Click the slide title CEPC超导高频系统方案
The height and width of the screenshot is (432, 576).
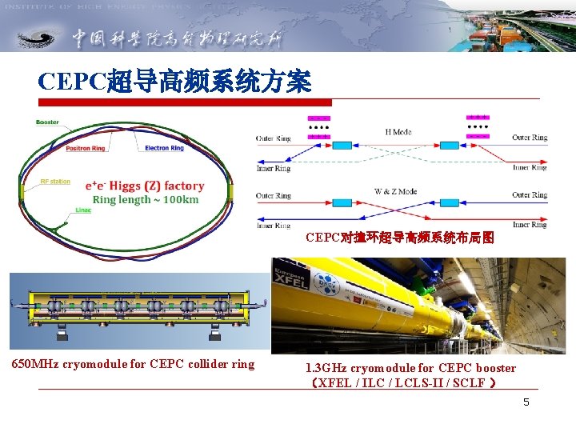click(174, 81)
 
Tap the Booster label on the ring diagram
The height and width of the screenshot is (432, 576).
click(47, 122)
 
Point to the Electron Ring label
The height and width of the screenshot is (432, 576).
click(164, 148)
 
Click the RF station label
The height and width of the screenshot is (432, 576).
click(55, 182)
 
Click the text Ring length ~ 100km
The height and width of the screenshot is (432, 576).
click(146, 200)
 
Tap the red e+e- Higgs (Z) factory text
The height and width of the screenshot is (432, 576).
click(145, 186)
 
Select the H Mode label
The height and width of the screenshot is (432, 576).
click(398, 132)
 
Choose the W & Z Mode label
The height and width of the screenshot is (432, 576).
click(396, 192)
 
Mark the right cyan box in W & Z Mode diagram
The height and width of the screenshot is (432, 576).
click(471, 204)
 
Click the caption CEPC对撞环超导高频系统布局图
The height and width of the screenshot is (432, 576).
click(399, 238)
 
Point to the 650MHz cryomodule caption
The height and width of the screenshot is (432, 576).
click(133, 364)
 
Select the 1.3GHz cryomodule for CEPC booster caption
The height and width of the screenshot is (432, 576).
click(410, 368)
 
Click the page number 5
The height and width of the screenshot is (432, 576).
click(526, 402)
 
